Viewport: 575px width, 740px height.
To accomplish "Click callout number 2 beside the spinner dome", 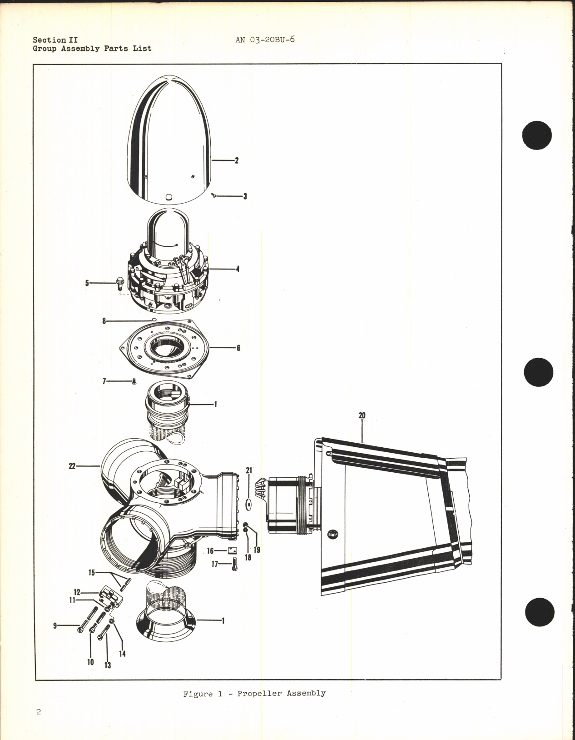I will click(237, 160).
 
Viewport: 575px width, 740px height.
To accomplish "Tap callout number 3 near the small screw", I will click(245, 196).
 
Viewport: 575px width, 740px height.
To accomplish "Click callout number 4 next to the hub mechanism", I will click(237, 269).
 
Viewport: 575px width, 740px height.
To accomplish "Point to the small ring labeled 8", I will click(154, 320).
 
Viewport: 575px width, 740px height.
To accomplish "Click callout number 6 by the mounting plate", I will click(238, 348).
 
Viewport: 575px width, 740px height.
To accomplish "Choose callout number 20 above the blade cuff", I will click(362, 415).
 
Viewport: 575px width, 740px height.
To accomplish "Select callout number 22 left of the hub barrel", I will click(72, 466).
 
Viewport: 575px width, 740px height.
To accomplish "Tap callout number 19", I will click(257, 550).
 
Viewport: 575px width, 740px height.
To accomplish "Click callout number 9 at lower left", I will click(55, 626).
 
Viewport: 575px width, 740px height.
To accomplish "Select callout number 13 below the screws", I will click(108, 665).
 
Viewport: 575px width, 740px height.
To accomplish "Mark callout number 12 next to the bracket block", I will click(77, 592).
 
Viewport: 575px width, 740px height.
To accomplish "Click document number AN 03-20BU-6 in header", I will click(265, 40).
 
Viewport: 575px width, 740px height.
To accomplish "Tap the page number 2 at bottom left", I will click(39, 712).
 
